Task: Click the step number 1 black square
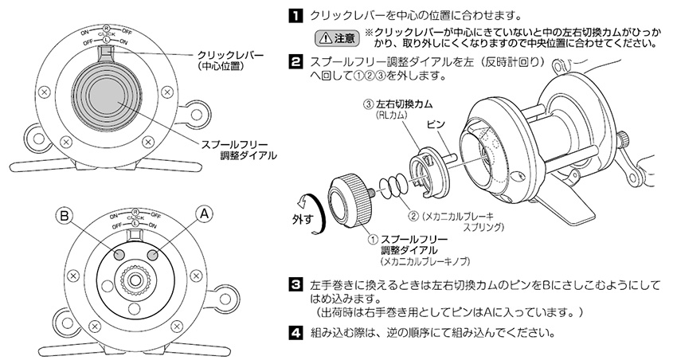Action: click(294, 15)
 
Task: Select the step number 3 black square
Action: click(294, 284)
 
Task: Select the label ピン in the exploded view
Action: click(436, 126)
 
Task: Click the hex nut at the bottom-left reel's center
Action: click(135, 281)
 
